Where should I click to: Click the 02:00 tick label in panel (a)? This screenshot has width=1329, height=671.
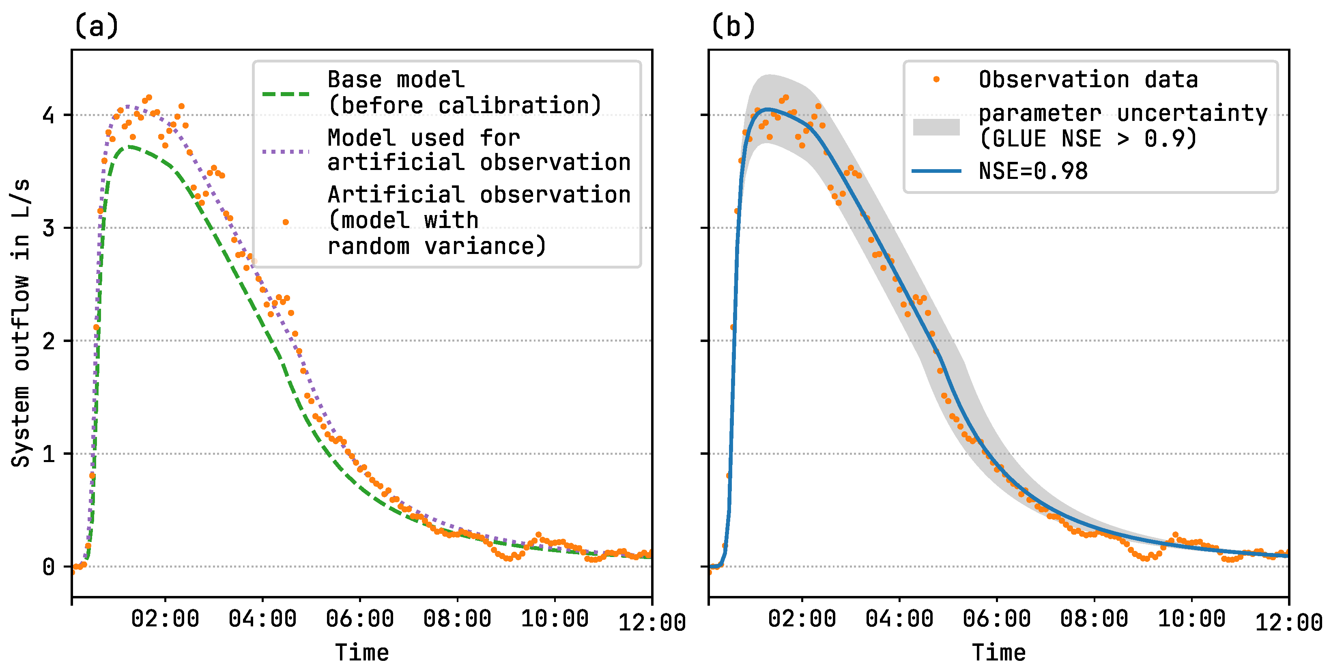pyautogui.click(x=165, y=618)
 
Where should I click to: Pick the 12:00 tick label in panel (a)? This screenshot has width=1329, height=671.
pyautogui.click(x=652, y=622)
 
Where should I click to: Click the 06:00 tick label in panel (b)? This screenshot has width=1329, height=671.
pyautogui.click(x=996, y=618)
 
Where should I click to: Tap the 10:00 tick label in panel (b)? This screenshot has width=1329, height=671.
pyautogui.click(x=1191, y=618)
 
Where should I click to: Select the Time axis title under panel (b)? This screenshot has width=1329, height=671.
pyautogui.click(x=999, y=652)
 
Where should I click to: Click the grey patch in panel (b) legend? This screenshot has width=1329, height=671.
pyautogui.click(x=936, y=127)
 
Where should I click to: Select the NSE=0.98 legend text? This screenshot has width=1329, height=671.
pyautogui.click(x=1033, y=171)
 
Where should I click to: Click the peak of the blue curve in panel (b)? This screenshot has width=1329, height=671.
pyautogui.click(x=768, y=110)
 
